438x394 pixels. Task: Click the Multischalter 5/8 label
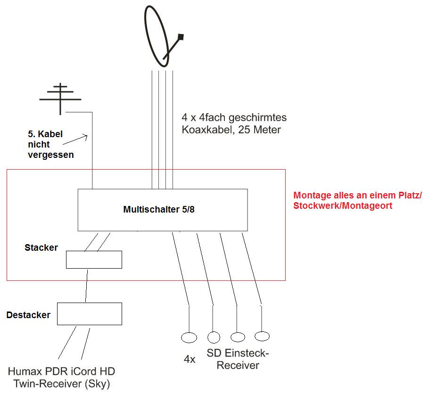[158, 210]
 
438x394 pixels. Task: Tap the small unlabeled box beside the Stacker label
[94, 260]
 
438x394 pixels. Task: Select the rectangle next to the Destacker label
[90, 314]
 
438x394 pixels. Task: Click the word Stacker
[41, 247]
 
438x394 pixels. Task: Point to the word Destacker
[28, 315]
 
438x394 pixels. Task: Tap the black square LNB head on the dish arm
[180, 37]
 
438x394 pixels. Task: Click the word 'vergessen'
[50, 155]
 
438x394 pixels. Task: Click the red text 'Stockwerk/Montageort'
[343, 206]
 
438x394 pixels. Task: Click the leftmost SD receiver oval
[189, 337]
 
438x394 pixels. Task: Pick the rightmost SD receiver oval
[262, 336]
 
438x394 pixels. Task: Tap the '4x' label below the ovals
[190, 359]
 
